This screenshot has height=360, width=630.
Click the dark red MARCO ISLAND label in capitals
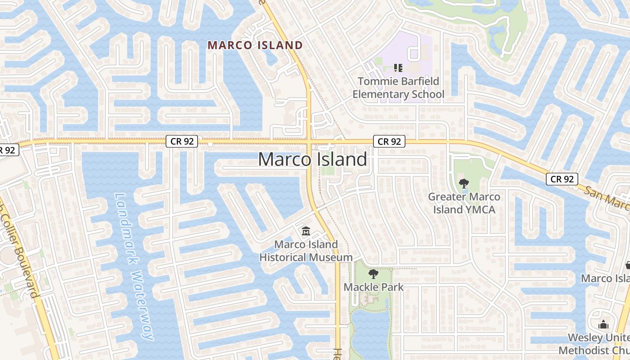pyautogui.click(x=255, y=45)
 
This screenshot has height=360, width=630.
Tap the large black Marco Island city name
pyautogui.click(x=313, y=160)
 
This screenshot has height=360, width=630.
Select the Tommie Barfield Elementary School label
pyautogui.click(x=398, y=88)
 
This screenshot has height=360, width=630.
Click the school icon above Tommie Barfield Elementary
pyautogui.click(x=398, y=68)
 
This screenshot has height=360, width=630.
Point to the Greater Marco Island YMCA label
pyautogui.click(x=464, y=203)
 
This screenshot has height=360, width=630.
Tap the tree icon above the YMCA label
pyautogui.click(x=463, y=184)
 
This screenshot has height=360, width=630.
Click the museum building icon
pyautogui.click(x=306, y=231)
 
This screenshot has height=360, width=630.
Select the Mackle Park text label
pyautogui.click(x=373, y=287)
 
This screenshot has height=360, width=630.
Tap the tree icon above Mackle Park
pyautogui.click(x=373, y=274)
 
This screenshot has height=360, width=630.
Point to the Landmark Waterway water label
pyautogui.click(x=134, y=265)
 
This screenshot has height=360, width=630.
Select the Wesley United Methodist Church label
pyautogui.click(x=596, y=344)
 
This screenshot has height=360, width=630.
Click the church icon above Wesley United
pyautogui.click(x=603, y=324)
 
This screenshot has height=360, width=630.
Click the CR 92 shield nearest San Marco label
pyautogui.click(x=562, y=179)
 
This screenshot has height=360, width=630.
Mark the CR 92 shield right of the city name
pyautogui.click(x=389, y=141)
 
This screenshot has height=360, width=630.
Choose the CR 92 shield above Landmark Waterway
pyautogui.click(x=182, y=141)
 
